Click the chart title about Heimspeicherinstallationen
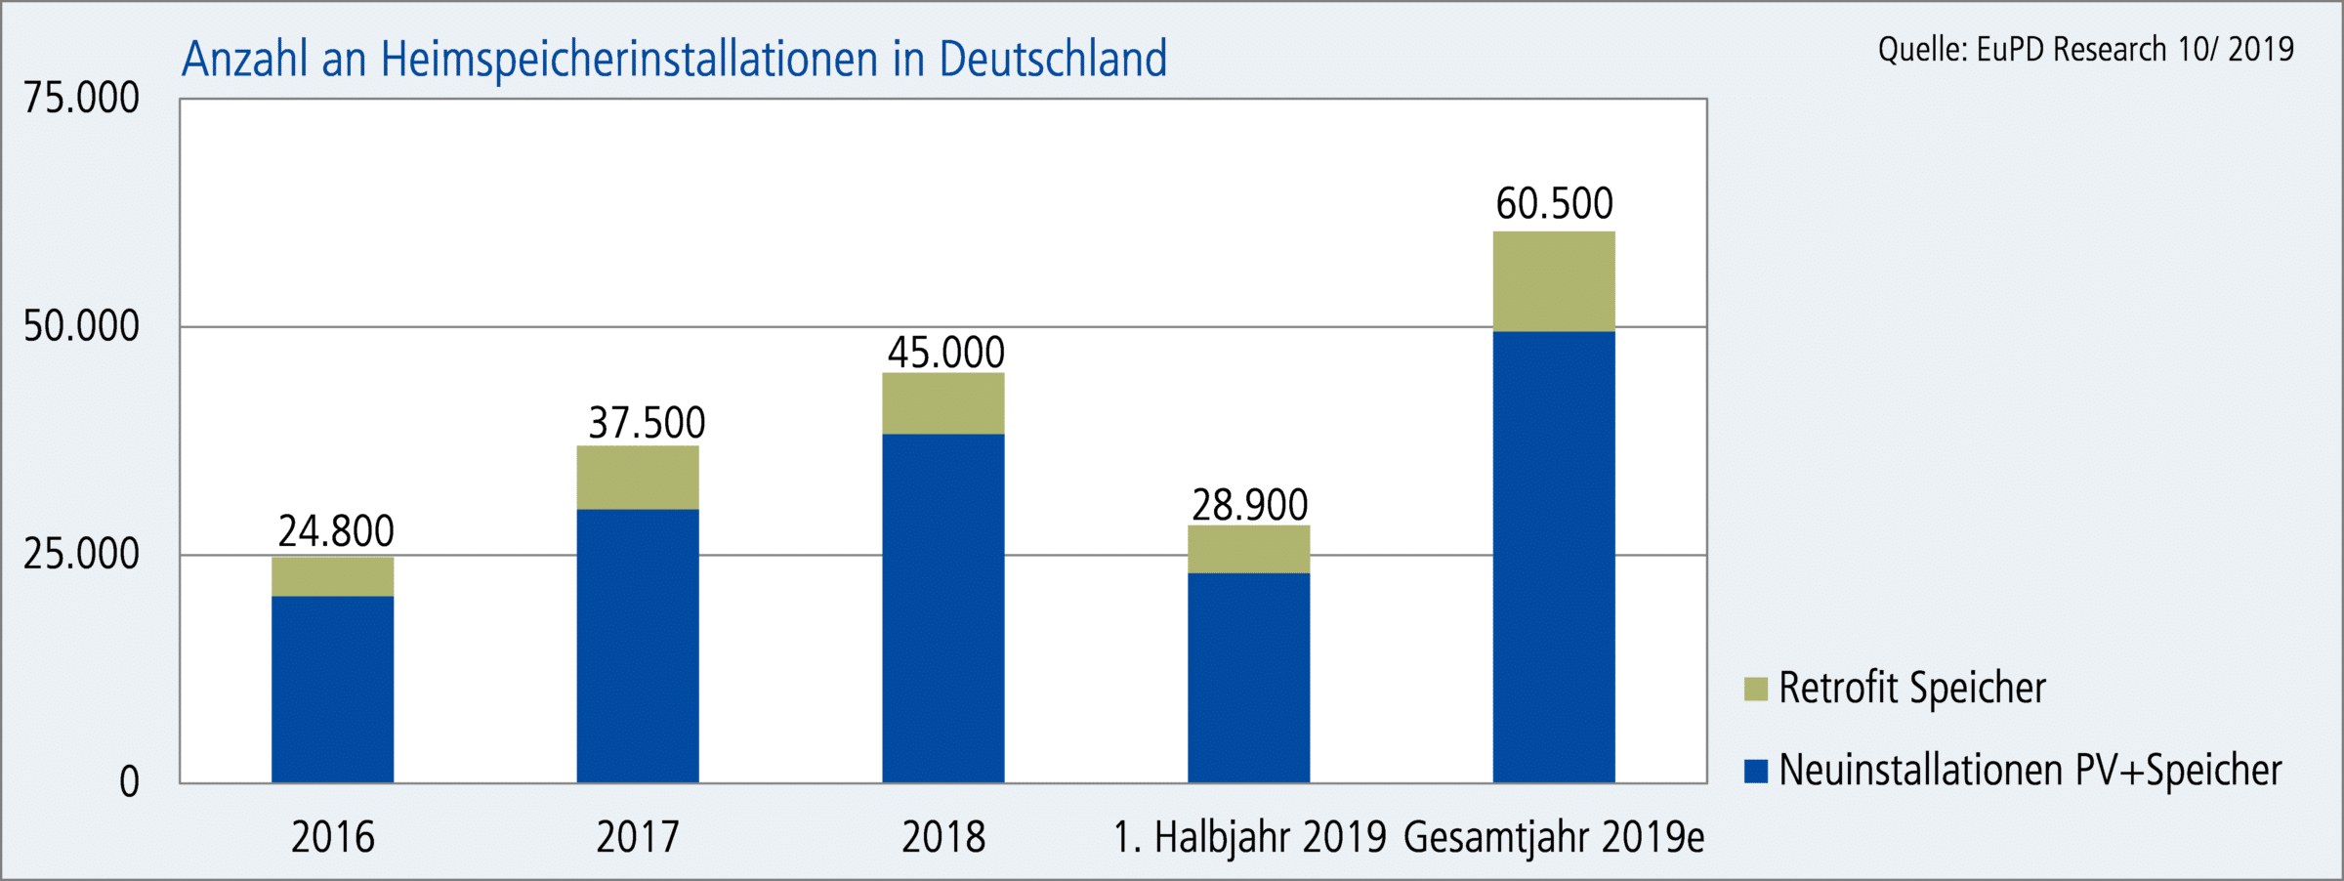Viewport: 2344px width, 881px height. (x=674, y=59)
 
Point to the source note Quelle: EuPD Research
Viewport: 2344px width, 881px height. (x=2085, y=49)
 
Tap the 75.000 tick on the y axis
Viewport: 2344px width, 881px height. (x=82, y=99)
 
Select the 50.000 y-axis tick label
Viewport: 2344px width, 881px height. (x=82, y=326)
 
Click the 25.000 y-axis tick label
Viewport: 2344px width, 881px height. (x=82, y=555)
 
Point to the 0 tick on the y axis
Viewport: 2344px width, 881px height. (x=129, y=782)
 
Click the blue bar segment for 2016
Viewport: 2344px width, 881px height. (x=332, y=689)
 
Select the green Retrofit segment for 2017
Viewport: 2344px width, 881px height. (x=638, y=478)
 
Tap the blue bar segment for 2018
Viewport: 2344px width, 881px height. (x=943, y=608)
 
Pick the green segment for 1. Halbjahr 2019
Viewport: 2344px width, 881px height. (x=1248, y=549)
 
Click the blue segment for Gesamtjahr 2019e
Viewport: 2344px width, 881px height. (x=1554, y=557)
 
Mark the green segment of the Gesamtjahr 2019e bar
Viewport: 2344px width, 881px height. (x=1554, y=281)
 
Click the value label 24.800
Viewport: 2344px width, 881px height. (x=336, y=531)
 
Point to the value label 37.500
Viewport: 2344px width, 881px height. (x=647, y=423)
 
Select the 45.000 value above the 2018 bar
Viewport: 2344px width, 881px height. (x=945, y=353)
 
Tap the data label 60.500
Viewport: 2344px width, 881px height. (x=1555, y=204)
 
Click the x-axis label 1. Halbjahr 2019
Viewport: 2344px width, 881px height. (x=1249, y=837)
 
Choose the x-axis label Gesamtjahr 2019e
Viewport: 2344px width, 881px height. (x=1554, y=837)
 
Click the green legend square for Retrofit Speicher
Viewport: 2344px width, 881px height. (x=1755, y=689)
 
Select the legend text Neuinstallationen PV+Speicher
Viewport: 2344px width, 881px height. (x=2030, y=771)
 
